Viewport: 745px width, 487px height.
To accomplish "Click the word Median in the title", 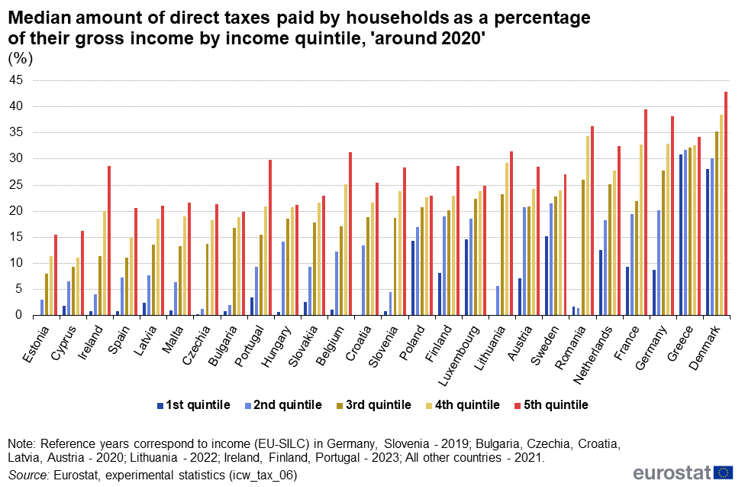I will click(x=36, y=16).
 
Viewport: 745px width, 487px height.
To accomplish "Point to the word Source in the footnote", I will click(x=28, y=475).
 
